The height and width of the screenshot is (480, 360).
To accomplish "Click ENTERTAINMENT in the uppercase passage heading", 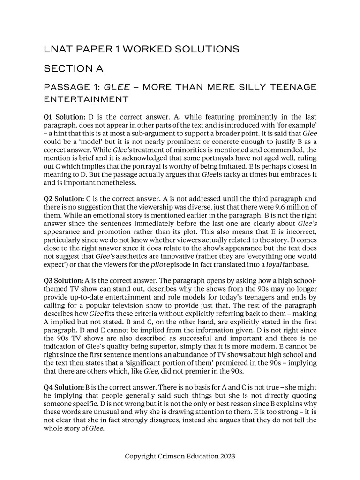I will [86, 99].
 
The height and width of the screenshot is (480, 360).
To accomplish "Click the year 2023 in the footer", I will [226, 456].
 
